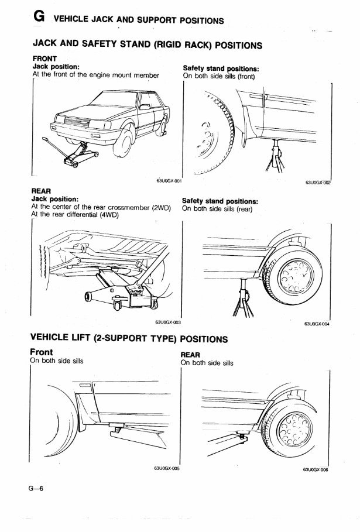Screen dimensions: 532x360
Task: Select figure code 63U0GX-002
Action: point(318,182)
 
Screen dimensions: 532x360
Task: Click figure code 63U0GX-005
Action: point(167,469)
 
